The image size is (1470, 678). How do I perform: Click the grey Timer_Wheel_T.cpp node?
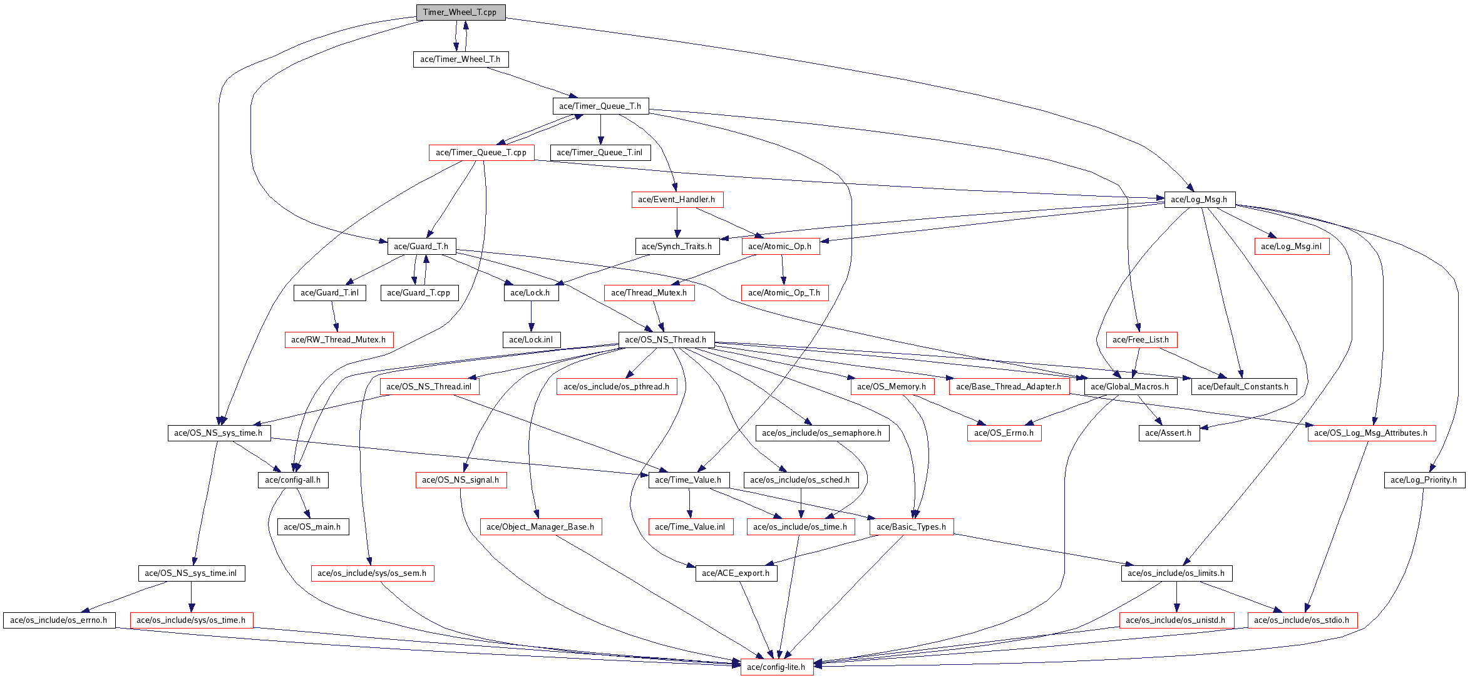pos(460,13)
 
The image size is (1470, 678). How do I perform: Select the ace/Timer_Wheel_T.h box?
pos(460,59)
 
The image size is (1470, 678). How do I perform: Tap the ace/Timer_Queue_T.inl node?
pos(600,153)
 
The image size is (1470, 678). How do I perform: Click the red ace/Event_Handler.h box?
pos(677,200)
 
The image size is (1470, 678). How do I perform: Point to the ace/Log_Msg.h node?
pos(1199,200)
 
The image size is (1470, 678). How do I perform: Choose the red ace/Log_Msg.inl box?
pos(1291,247)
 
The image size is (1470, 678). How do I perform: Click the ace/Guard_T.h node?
pos(421,247)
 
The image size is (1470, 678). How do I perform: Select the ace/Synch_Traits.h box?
pos(677,247)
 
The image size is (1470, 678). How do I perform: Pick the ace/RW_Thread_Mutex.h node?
pos(339,340)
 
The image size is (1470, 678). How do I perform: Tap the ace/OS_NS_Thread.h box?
pos(666,340)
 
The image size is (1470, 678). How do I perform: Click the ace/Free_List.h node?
pos(1141,340)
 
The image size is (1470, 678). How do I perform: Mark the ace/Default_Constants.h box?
pos(1243,387)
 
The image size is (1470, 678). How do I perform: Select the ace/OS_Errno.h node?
pos(1004,433)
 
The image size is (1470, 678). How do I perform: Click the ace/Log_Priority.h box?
pos(1424,480)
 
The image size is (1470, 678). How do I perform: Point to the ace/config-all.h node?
pos(293,480)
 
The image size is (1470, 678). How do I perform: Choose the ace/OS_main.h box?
pos(312,527)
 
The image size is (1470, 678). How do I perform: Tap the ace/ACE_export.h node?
pos(736,573)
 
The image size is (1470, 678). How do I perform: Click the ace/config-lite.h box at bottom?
pos(776,667)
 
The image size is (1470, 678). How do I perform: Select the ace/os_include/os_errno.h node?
pos(59,620)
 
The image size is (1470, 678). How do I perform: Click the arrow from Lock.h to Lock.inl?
pos(531,316)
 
